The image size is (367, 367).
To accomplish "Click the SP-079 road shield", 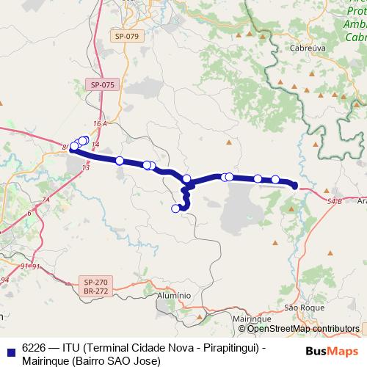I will pyautogui.click(x=127, y=36).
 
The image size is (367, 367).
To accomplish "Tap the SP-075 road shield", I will pyautogui.click(x=103, y=85).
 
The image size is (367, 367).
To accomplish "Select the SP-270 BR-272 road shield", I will pyautogui.click(x=95, y=286).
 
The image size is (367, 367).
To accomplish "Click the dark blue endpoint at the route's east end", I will pyautogui.click(x=295, y=186).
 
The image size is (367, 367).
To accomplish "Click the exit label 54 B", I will pyautogui.click(x=335, y=200).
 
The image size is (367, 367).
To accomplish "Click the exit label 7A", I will pyautogui.click(x=45, y=200).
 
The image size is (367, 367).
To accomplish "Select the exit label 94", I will pyautogui.click(x=5, y=280).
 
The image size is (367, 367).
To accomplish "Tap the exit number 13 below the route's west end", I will pyautogui.click(x=86, y=168).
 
